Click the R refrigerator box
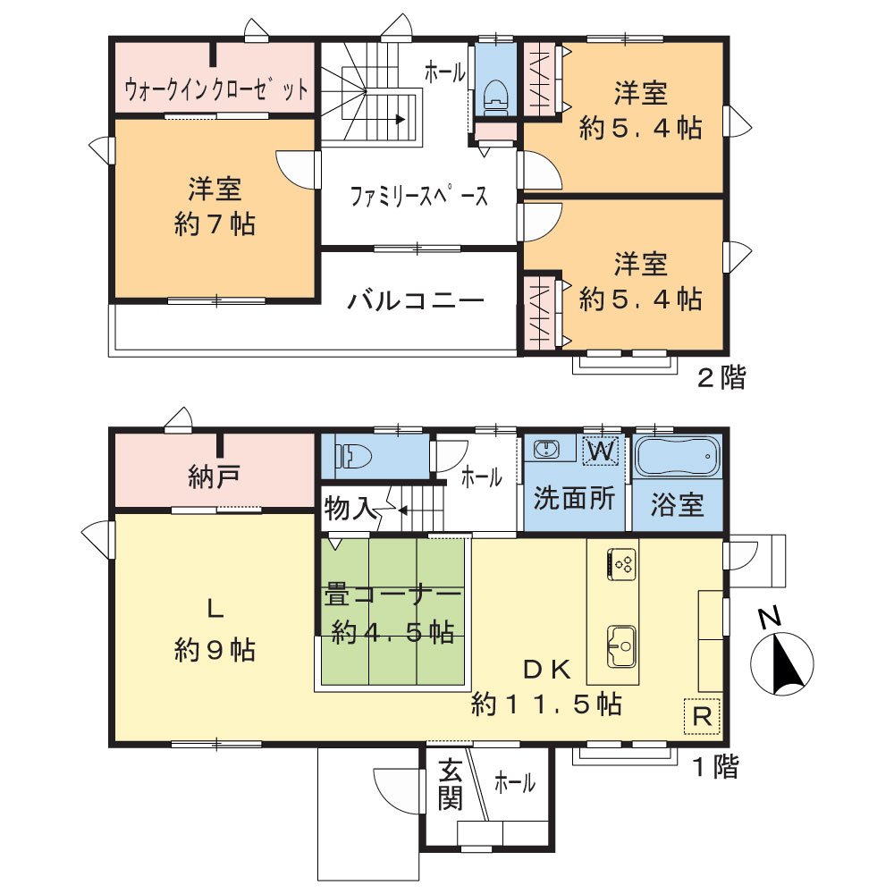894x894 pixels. [x=702, y=716]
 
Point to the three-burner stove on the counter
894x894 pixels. [x=621, y=563]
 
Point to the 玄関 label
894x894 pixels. [x=451, y=784]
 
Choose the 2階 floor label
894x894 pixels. [x=721, y=378]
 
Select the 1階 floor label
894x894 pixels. [x=715, y=766]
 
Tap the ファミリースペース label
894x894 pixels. [x=418, y=196]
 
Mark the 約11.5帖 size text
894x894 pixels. [x=547, y=704]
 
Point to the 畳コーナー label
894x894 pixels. [x=392, y=595]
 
